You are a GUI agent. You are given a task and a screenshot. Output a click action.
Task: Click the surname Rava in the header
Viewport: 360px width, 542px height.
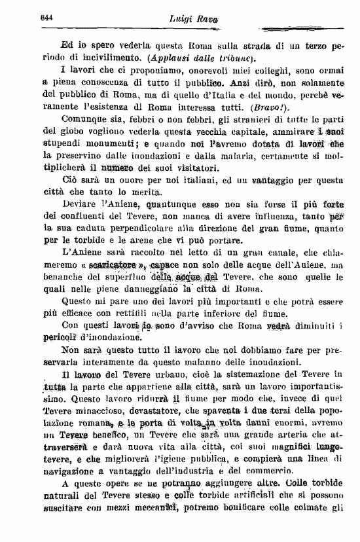pos(202,20)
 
